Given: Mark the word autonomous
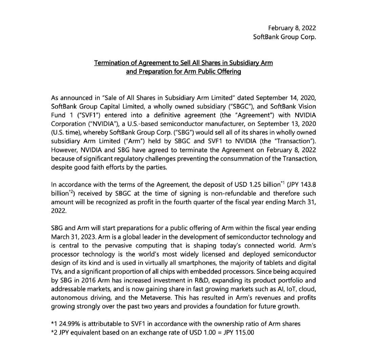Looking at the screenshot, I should tap(67, 298).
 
